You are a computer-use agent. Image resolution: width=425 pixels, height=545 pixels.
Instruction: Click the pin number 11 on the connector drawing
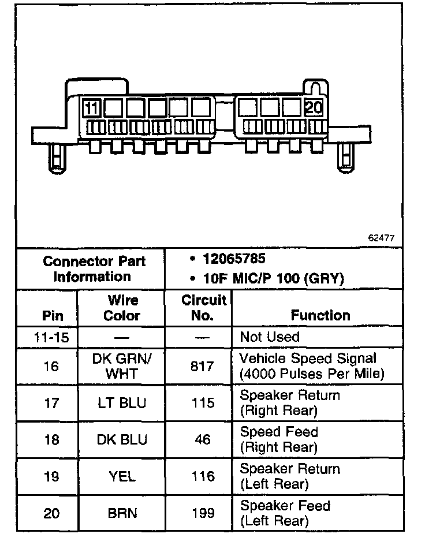pyautogui.click(x=92, y=108)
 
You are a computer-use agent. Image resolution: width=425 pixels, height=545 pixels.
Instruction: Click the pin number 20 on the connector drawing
pyautogui.click(x=314, y=108)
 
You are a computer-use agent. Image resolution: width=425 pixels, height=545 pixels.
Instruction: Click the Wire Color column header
pyautogui.click(x=122, y=308)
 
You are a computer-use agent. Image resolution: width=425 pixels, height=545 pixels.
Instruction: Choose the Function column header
pyautogui.click(x=320, y=315)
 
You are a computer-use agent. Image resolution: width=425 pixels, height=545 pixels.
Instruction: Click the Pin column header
pyautogui.click(x=53, y=316)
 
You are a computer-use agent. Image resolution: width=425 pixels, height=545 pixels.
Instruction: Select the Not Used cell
pyautogui.click(x=270, y=337)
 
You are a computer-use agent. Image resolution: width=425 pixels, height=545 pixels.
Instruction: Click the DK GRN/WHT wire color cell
pyautogui.click(x=122, y=366)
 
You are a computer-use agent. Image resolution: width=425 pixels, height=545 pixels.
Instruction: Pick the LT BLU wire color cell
pyautogui.click(x=122, y=403)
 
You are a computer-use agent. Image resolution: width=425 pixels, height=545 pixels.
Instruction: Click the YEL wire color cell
pyautogui.click(x=122, y=476)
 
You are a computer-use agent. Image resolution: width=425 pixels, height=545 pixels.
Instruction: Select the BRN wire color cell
pyautogui.click(x=122, y=513)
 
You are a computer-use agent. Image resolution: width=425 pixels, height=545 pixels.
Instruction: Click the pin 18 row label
pyautogui.click(x=51, y=439)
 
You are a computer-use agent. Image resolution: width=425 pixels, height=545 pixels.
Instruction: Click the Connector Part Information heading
pyautogui.click(x=94, y=268)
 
